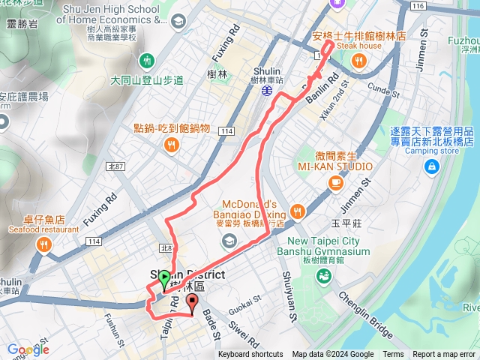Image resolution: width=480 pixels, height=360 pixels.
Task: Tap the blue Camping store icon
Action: pos(431,167)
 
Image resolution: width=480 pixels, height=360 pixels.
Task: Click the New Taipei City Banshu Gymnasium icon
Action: pos(323,277)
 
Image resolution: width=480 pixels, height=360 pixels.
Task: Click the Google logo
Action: pos(28,349)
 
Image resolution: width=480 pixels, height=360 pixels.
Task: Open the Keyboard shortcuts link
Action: pos(250,355)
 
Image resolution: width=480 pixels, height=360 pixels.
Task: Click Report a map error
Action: pos(444,355)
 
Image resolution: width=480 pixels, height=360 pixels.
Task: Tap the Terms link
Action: pos(393,355)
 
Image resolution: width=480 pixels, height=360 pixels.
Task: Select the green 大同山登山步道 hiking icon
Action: pos(148,59)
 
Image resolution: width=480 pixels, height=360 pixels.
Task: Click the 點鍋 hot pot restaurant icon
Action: pos(172,145)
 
